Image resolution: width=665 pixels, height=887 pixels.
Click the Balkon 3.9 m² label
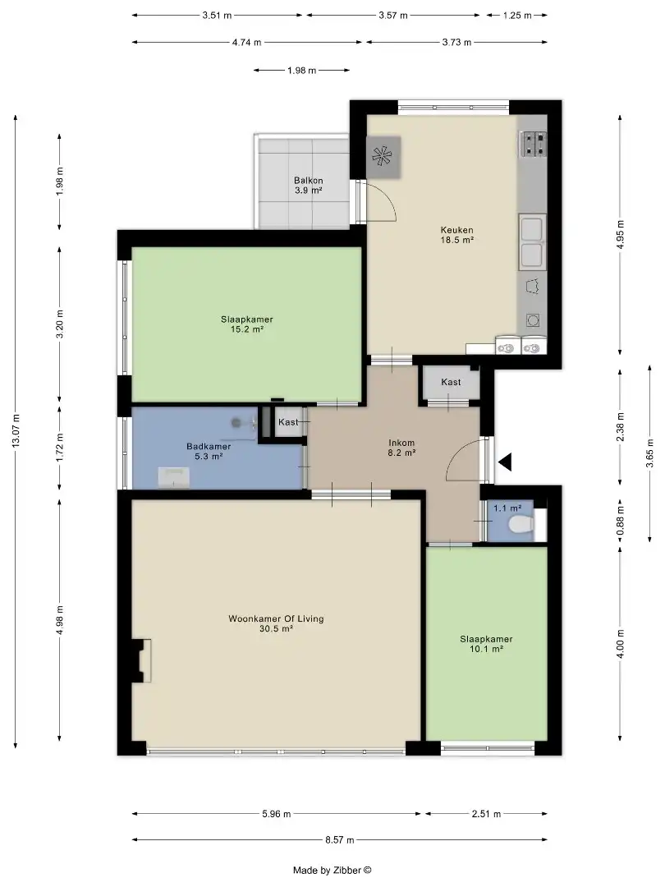tap(308, 186)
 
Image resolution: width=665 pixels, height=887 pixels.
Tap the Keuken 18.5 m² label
tap(457, 235)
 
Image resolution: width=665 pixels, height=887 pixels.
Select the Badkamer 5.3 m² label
tap(209, 451)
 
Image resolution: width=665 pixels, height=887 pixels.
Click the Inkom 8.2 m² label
tap(401, 448)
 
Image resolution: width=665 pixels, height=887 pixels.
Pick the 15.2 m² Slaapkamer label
tap(247, 324)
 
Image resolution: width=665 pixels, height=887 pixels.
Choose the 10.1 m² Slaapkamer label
tap(486, 644)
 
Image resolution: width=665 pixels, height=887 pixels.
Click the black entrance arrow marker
tap(504, 462)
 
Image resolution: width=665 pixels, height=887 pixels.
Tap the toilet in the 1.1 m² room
tap(521, 524)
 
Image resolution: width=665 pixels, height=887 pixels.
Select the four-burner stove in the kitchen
tap(534, 144)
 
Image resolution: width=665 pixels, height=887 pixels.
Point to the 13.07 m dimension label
tap(16, 430)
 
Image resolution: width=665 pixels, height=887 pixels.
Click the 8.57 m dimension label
tap(340, 840)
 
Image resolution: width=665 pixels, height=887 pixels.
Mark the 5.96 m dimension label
tap(277, 814)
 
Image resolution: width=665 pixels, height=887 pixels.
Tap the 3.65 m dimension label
tap(649, 453)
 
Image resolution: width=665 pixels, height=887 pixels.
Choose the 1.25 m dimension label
tap(517, 16)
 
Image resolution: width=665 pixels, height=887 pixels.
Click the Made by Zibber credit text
tap(332, 871)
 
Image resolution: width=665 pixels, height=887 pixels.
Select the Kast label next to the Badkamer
tap(288, 422)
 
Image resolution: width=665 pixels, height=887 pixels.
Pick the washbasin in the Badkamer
tap(173, 477)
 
